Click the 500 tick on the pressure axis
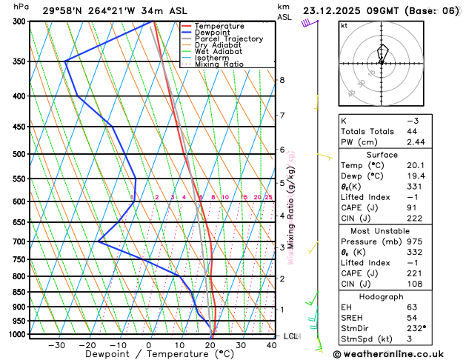coord(20,154)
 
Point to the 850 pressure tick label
coord(20,292)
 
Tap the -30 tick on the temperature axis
coord(56,345)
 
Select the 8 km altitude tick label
coord(282,80)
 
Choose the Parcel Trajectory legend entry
coord(228,39)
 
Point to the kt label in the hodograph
coord(344,25)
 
